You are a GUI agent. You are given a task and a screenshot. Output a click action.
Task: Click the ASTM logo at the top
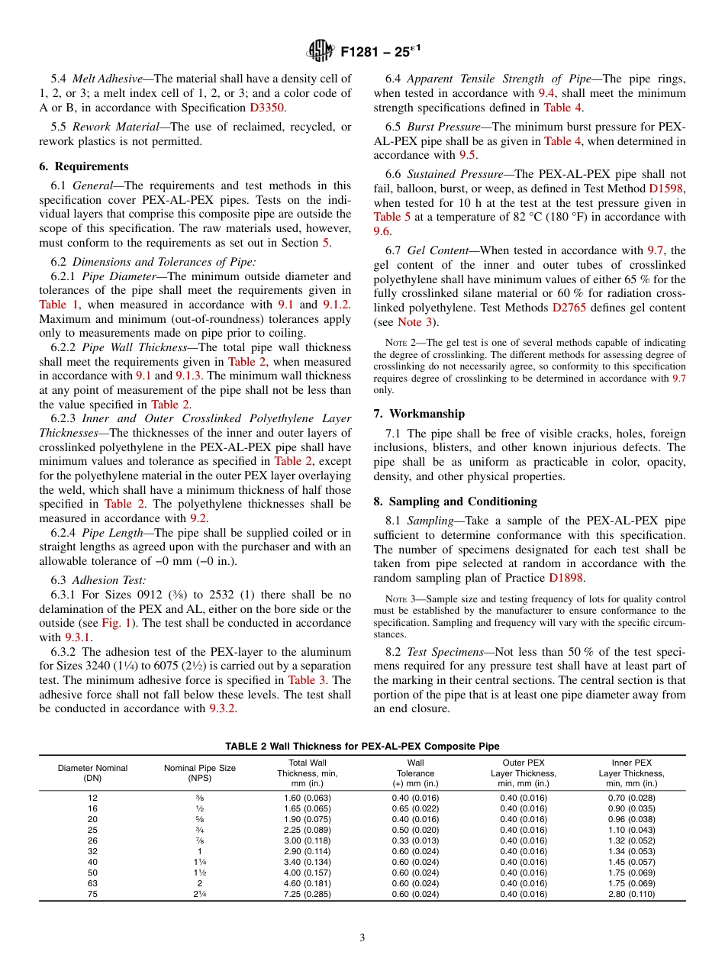[x=320, y=52]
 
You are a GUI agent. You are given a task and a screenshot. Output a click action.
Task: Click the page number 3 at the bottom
[x=362, y=937]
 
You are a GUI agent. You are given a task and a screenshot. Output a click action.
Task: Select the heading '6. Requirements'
[x=84, y=166]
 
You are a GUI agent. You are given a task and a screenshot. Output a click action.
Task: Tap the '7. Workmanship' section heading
[x=419, y=414]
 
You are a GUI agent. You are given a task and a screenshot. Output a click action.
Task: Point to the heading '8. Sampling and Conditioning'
[x=455, y=502]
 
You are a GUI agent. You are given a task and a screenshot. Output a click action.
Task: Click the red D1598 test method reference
[x=667, y=188]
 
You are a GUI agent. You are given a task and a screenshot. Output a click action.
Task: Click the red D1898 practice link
[x=567, y=578]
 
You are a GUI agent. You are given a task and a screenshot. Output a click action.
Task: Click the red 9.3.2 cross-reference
[x=222, y=708]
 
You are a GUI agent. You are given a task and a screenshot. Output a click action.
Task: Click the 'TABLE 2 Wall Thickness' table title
[x=362, y=746]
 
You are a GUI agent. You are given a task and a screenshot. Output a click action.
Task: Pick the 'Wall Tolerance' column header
[x=415, y=773]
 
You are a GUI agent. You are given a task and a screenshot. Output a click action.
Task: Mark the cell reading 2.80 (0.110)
[x=632, y=894]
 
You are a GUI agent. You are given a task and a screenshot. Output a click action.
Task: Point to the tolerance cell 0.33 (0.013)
[x=415, y=840]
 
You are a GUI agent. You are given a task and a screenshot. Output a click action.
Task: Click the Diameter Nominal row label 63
[x=92, y=883]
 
